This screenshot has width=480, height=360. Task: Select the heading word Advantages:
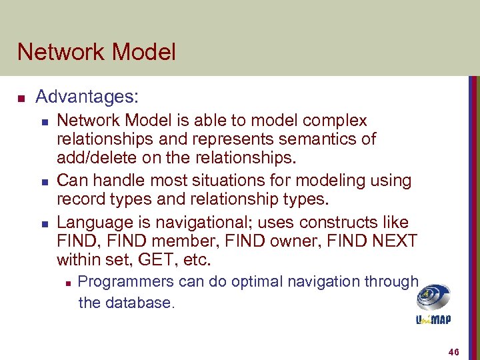tap(87, 97)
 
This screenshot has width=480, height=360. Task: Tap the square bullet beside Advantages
tap(21, 99)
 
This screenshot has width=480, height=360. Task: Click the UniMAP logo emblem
tap(433, 297)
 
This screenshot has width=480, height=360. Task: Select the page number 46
tap(455, 351)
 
